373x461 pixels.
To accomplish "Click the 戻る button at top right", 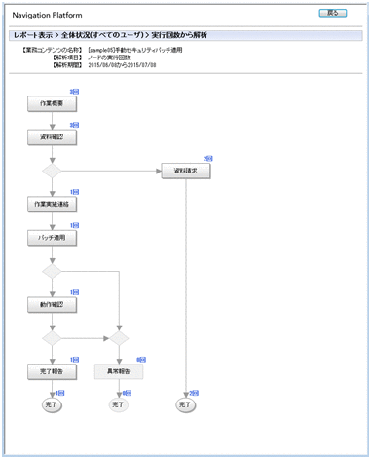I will (x=334, y=15).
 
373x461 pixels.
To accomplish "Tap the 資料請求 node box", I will (x=185, y=171).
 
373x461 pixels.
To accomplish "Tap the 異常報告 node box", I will (x=118, y=371).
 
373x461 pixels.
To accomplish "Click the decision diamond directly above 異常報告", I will (x=118, y=338).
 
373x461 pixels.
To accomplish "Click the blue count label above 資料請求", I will (x=206, y=158).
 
